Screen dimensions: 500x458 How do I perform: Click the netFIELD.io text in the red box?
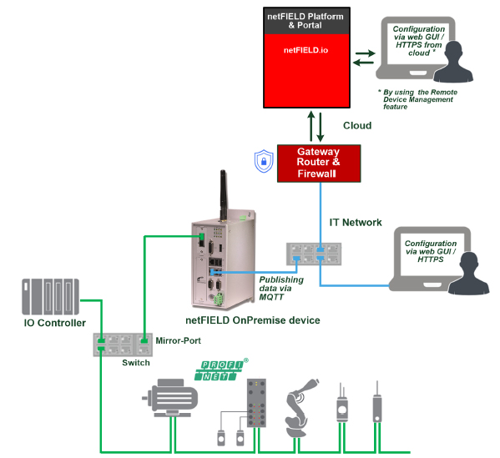pos(306,50)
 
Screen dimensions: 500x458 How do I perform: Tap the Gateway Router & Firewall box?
pos(319,164)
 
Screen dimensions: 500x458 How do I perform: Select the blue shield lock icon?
pos(264,161)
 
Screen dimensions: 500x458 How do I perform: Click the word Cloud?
pos(357,126)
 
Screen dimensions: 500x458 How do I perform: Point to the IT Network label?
pos(356,223)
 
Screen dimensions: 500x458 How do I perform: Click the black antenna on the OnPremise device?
pos(223,195)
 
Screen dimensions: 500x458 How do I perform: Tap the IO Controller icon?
pos(50,297)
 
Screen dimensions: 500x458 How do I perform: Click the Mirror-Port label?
pos(179,340)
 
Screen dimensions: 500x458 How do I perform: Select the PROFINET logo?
pos(221,370)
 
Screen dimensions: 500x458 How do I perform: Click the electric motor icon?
pos(170,398)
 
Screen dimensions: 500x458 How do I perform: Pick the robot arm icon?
pos(300,408)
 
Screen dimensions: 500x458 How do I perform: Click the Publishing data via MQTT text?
pos(281,289)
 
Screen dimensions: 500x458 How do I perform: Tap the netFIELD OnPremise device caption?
pos(253,320)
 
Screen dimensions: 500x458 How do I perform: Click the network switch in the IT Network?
pos(314,254)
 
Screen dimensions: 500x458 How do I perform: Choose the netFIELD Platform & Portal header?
pos(306,21)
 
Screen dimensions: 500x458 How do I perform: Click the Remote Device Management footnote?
pos(417,99)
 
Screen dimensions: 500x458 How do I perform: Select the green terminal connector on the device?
pos(219,299)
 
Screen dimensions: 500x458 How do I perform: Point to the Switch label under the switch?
pos(136,363)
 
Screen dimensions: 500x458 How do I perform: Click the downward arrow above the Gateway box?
pos(321,127)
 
